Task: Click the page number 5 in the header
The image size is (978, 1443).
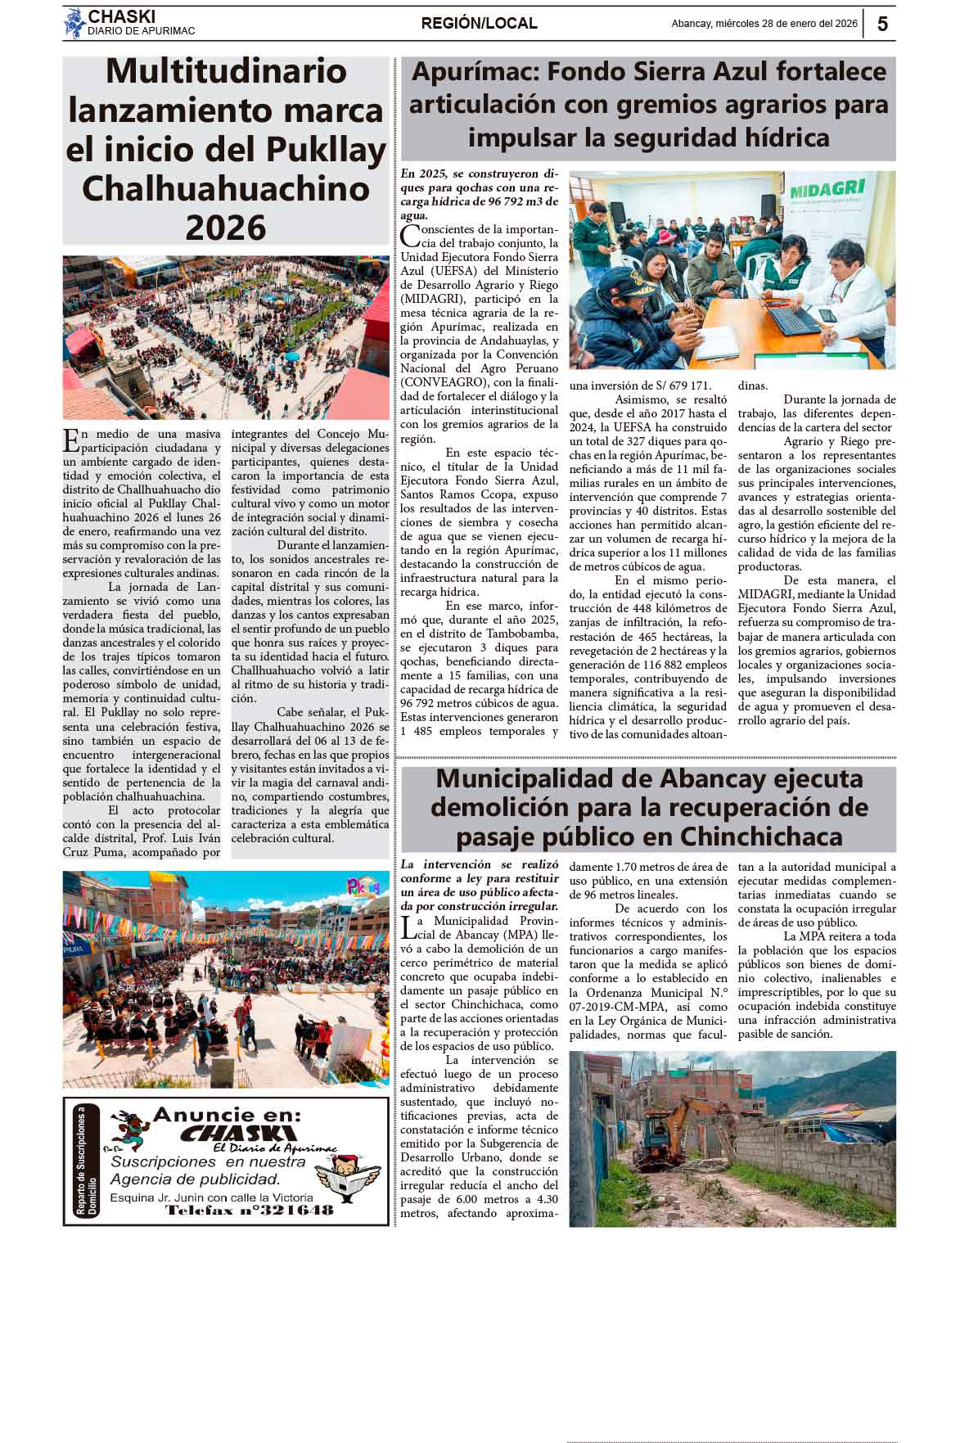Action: click(882, 24)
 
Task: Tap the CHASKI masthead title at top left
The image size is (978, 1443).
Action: click(121, 16)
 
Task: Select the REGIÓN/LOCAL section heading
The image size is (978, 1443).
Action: click(479, 24)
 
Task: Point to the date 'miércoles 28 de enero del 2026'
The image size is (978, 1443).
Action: click(786, 24)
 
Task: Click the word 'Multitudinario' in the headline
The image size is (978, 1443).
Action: click(226, 71)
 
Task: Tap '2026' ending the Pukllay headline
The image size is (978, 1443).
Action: click(226, 228)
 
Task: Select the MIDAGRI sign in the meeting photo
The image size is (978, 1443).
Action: click(827, 190)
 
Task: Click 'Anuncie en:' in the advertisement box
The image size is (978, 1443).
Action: click(227, 1115)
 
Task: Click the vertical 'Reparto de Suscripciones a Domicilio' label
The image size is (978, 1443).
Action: click(86, 1161)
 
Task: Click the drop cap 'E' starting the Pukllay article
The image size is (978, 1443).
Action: click(71, 440)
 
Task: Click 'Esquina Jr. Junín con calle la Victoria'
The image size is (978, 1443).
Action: click(211, 1197)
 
